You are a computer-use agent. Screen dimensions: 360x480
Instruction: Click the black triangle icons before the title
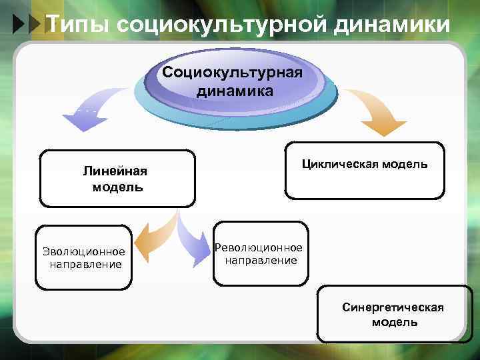(27, 25)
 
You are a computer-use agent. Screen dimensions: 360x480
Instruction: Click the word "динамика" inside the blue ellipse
(235, 91)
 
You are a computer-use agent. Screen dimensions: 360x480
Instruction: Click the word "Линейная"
(115, 171)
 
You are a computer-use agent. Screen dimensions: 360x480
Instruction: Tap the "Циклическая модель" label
(365, 164)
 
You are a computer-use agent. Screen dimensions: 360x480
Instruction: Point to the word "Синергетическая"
(393, 307)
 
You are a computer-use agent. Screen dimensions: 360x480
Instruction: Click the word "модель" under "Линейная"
(117, 187)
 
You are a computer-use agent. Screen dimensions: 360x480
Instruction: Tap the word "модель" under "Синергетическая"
(395, 323)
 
